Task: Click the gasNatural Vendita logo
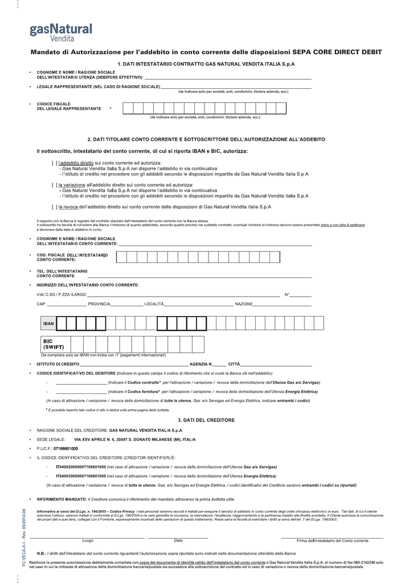[60, 32]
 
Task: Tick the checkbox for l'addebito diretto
[54, 163]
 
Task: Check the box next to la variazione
[54, 185]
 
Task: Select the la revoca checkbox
[54, 207]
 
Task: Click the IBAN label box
[48, 323]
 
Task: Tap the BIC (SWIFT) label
[54, 344]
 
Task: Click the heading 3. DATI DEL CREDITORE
[206, 420]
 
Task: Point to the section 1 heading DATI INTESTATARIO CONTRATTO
[206, 64]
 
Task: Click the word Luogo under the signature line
[88, 540]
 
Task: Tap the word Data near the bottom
[178, 540]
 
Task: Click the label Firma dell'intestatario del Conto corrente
[333, 540]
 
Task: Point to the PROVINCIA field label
[99, 304]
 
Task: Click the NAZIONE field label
[244, 304]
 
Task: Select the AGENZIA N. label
[201, 364]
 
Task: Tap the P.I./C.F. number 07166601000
[66, 449]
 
